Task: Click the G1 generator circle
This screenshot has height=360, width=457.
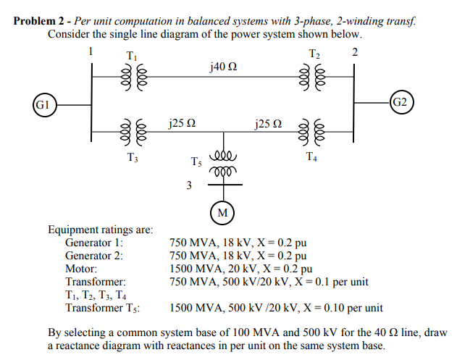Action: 43,104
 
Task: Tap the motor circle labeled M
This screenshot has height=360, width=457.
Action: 222,212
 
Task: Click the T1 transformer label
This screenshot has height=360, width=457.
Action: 130,56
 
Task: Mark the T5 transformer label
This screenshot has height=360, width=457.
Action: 197,162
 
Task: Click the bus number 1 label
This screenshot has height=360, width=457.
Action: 91,51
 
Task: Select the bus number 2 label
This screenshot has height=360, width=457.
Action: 354,51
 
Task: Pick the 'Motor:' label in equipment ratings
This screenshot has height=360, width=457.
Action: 81,268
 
